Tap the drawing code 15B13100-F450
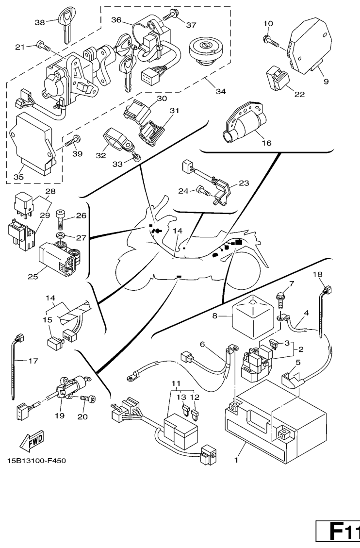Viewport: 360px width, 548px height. pos(36,460)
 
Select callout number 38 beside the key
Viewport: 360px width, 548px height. pos(40,22)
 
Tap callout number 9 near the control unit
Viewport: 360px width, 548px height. pos(326,81)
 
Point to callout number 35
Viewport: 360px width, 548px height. pos(18,177)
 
